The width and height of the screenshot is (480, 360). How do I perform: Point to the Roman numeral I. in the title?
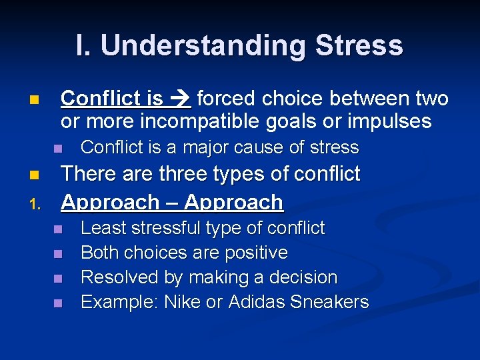tap(84, 45)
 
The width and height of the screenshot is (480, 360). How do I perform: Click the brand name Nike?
tap(183, 302)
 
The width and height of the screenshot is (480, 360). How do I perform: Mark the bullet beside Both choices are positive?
tap(58, 253)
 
